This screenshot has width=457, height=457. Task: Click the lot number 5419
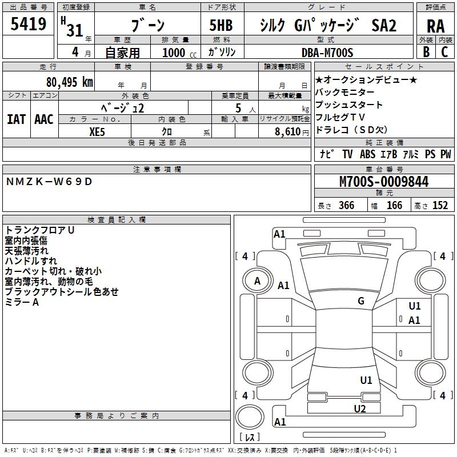tap(29, 25)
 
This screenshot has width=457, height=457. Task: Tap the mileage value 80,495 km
tap(70, 82)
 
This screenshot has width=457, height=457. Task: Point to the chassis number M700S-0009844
tap(383, 182)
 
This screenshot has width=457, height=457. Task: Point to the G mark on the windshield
tap(361, 301)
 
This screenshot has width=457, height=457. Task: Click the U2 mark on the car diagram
tap(359, 408)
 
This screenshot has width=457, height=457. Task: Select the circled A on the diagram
tap(257, 281)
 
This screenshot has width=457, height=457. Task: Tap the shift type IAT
tap(16, 119)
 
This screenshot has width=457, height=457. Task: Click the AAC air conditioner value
tap(43, 119)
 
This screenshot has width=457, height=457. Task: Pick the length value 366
tap(346, 206)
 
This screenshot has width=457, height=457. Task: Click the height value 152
tap(440, 206)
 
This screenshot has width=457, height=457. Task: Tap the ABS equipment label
tap(367, 154)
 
